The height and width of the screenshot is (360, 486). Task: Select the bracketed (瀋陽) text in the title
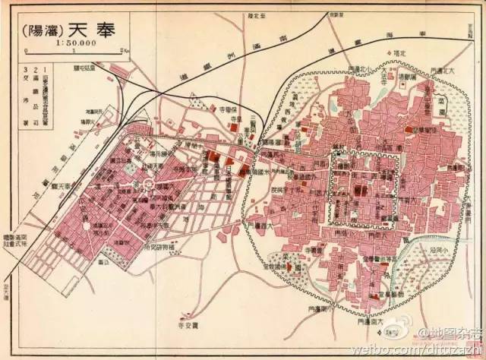pos(43,32)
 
